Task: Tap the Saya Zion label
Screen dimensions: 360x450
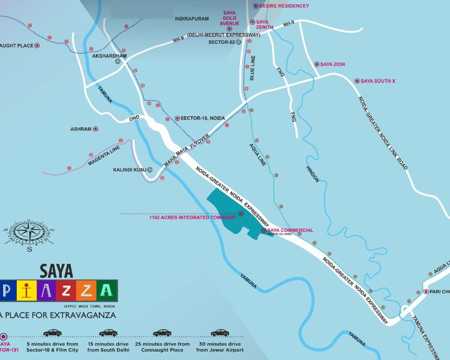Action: click(x=334, y=64)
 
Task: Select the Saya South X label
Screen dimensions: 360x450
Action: click(x=378, y=80)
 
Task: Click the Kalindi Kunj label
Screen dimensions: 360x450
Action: click(x=130, y=170)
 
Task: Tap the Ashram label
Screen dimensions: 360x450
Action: click(x=80, y=129)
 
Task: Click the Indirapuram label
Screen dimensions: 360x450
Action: click(x=191, y=19)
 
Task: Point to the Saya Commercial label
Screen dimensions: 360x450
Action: click(x=290, y=230)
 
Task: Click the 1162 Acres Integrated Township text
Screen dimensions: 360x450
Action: click(x=192, y=218)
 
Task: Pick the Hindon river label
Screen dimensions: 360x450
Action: click(x=313, y=173)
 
